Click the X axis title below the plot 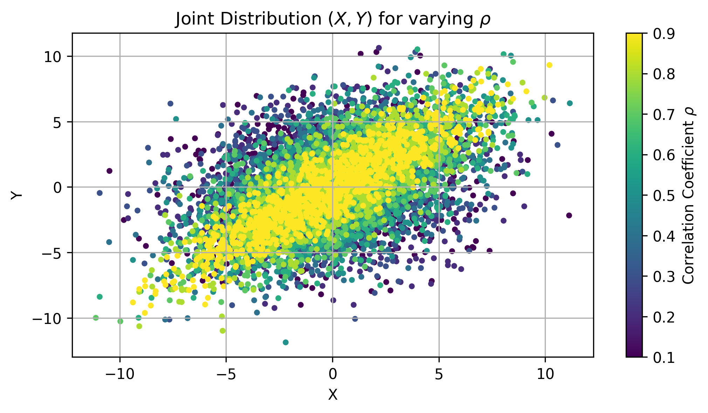(x=332, y=395)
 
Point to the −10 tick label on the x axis (x=120, y=374)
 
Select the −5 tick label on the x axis (x=226, y=374)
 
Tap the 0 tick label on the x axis (x=332, y=374)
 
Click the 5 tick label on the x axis (x=439, y=374)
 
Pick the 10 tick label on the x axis (x=545, y=374)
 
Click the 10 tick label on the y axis (x=53, y=56)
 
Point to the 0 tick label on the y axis (x=57, y=188)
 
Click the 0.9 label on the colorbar (x=663, y=34)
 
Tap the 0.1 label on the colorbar (x=663, y=357)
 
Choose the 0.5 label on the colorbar (x=663, y=196)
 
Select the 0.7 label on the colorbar (x=663, y=115)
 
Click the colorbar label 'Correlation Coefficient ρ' (x=689, y=195)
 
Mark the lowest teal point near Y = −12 (x=286, y=342)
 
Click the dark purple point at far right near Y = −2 (x=569, y=215)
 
